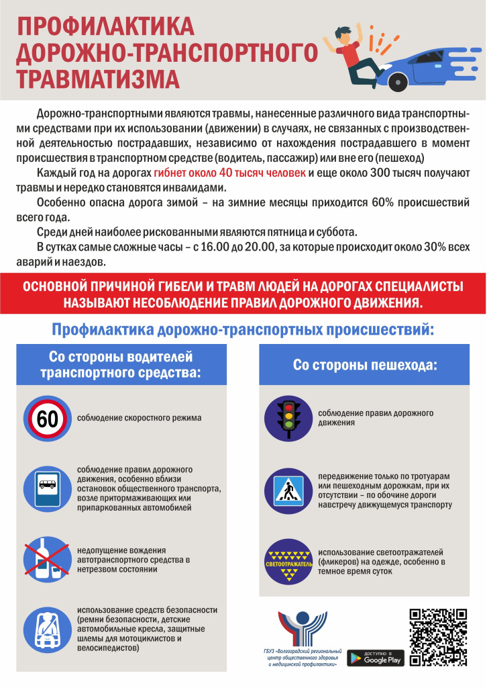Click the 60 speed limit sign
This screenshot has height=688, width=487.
tap(48, 419)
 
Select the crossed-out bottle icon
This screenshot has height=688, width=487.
tap(48, 557)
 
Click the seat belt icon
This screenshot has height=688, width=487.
tap(48, 628)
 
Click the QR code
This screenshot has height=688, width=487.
tap(437, 637)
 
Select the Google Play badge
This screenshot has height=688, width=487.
tap(376, 658)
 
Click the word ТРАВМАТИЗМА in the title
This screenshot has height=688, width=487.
tap(98, 77)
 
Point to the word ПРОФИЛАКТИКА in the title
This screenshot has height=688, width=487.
tap(105, 26)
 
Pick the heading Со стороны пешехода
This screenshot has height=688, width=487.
tap(365, 365)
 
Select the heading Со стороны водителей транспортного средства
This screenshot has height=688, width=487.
tap(121, 364)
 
